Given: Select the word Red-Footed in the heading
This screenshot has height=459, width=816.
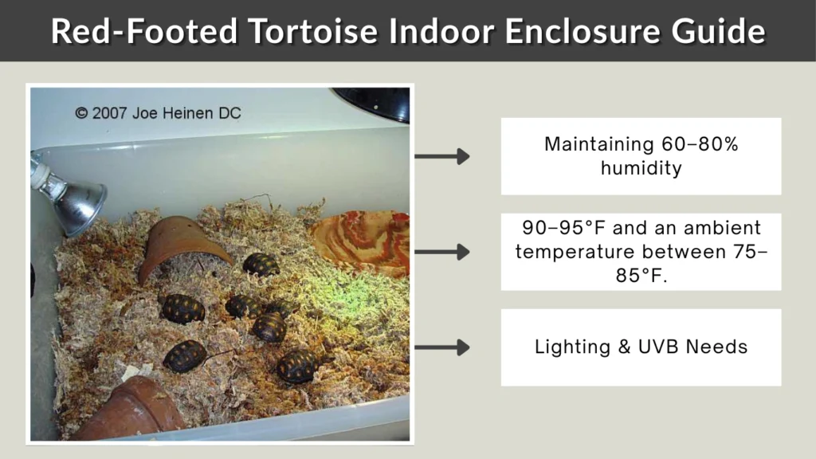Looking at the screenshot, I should [144, 32].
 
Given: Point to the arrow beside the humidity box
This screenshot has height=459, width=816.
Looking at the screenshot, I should [442, 156].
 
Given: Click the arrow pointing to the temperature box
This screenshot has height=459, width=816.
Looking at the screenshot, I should [442, 252].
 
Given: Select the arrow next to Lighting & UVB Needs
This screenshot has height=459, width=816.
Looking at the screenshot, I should [442, 347].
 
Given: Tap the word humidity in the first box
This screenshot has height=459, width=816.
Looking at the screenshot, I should [641, 168].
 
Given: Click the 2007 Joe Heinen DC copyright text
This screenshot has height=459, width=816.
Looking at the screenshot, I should [158, 113].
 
